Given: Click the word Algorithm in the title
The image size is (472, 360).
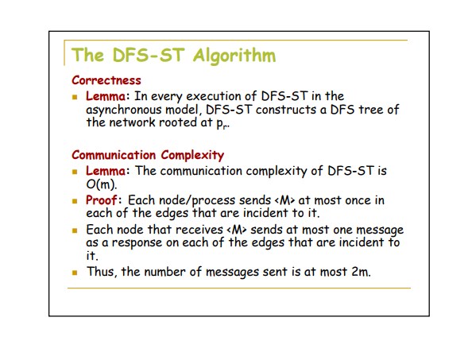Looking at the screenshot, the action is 234,56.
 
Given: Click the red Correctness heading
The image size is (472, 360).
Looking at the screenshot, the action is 106,80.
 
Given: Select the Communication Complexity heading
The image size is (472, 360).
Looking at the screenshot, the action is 148,155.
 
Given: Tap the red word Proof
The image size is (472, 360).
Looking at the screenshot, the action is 102,199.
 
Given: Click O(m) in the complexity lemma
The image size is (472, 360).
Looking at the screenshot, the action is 101,184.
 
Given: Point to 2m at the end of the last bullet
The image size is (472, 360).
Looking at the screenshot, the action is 360,272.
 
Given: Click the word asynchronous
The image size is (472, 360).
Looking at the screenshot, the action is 124,110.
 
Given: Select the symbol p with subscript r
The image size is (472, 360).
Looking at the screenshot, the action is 222,123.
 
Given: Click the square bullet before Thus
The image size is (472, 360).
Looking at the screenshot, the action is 75,273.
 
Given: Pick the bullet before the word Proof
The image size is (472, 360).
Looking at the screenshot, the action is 75,201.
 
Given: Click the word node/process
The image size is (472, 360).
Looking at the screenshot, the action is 197,200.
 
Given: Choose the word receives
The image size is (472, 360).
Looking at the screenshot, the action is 199,230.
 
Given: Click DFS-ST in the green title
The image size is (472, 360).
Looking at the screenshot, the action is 149,56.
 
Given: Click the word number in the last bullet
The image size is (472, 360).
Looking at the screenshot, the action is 164,272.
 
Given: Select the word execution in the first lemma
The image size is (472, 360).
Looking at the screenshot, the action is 221,96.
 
